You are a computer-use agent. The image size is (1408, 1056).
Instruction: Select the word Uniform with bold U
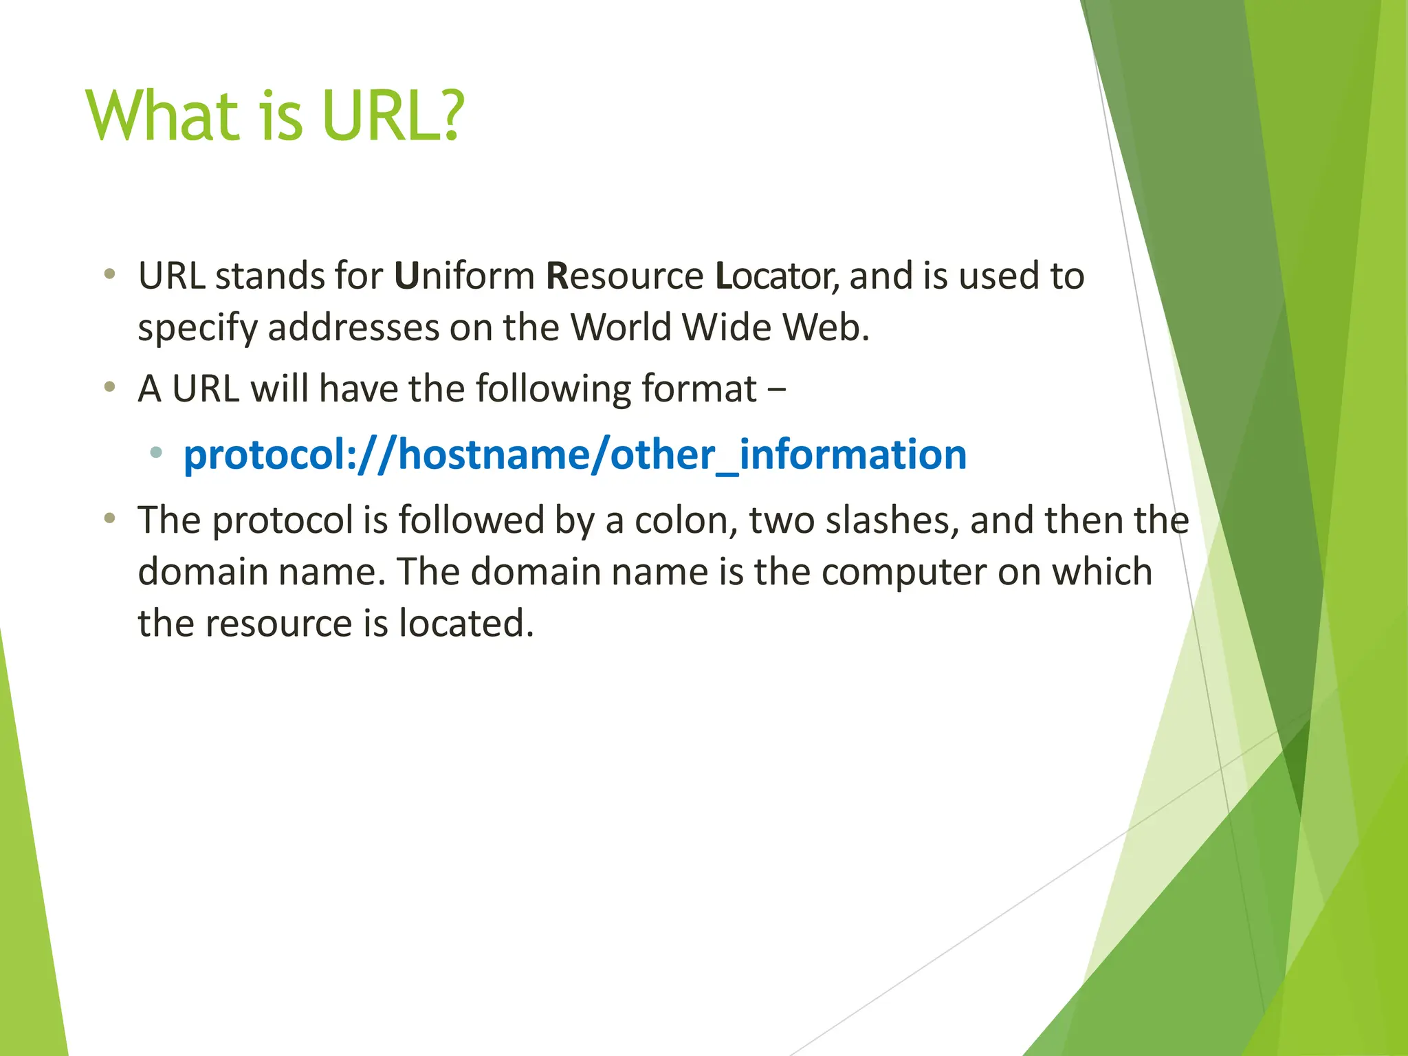(x=465, y=276)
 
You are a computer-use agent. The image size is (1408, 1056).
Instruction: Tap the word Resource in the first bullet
(x=624, y=276)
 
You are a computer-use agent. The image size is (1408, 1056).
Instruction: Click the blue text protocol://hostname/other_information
(x=575, y=455)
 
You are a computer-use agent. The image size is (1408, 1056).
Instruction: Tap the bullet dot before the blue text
(x=157, y=452)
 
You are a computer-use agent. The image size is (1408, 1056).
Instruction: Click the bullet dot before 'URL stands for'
(x=109, y=275)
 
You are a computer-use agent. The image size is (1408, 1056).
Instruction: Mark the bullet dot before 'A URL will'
(x=109, y=388)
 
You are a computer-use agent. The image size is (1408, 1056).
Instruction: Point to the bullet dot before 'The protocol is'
(x=109, y=518)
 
